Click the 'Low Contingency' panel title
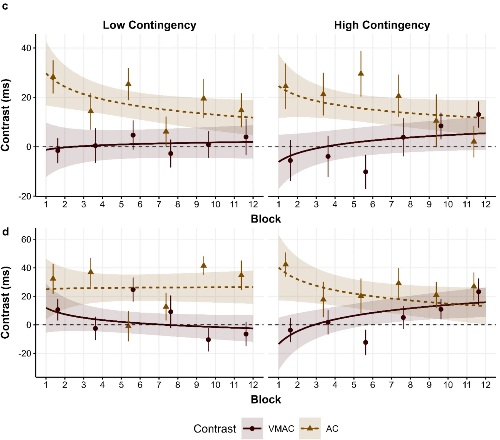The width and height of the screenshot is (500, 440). click(x=149, y=25)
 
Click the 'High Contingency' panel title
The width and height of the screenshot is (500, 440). click(x=382, y=25)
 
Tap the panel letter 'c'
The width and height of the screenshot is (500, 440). click(x=5, y=6)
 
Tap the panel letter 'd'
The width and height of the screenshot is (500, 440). click(x=5, y=231)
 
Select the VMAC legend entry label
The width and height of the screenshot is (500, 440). click(x=281, y=428)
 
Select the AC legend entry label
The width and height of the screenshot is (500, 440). click(x=332, y=428)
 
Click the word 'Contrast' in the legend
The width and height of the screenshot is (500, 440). click(x=215, y=429)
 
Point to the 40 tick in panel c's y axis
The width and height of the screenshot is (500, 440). click(x=26, y=48)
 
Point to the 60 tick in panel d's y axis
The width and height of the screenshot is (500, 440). click(x=26, y=239)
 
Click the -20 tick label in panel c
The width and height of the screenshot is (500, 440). click(x=25, y=196)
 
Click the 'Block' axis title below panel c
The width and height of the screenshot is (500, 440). click(x=265, y=219)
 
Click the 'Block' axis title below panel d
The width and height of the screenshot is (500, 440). click(x=265, y=399)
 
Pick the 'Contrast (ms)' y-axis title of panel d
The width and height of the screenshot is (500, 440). click(x=6, y=302)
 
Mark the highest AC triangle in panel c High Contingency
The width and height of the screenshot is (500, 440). click(x=361, y=73)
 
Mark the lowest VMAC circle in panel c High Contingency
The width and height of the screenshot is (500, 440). click(x=365, y=172)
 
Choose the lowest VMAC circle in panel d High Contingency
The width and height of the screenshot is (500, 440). click(x=365, y=342)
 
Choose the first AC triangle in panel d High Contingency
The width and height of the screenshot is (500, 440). click(x=286, y=264)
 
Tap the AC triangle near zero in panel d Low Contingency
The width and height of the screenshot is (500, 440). click(x=128, y=325)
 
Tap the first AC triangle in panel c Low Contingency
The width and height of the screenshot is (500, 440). click(x=53, y=77)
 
